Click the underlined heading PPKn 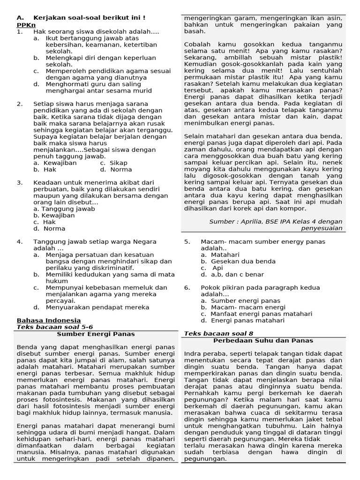(x=26, y=25)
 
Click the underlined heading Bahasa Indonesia (x=48, y=320)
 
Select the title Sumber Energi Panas (x=96, y=334)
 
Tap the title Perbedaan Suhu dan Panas (x=263, y=341)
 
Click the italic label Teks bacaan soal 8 (x=218, y=333)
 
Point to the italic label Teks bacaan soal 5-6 (x=55, y=327)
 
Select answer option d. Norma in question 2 (x=116, y=169)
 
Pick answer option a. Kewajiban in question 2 (x=55, y=163)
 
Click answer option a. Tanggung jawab (x=64, y=209)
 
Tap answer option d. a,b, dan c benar (x=232, y=274)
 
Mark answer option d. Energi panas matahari (x=242, y=320)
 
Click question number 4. (x=20, y=241)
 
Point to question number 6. (x=187, y=287)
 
